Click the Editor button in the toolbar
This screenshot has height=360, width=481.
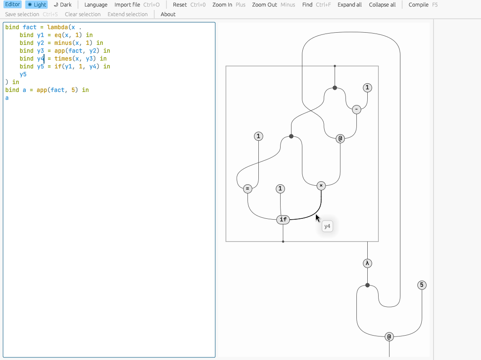(13, 5)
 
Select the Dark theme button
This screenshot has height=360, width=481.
(63, 5)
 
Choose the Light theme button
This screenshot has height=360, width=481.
(37, 5)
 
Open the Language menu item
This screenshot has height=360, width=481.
(96, 5)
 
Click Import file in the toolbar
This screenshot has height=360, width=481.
(127, 5)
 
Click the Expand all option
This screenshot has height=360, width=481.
(349, 5)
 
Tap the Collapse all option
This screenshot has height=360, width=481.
(382, 5)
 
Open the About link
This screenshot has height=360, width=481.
(168, 14)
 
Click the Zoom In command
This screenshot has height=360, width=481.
(222, 5)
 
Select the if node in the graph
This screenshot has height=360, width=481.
(283, 219)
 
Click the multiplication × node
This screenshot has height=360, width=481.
(321, 186)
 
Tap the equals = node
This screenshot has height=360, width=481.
(247, 189)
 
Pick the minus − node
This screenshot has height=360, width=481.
(356, 109)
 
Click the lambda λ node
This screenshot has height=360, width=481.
(367, 263)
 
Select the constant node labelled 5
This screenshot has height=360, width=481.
(421, 285)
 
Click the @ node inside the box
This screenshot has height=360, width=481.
(340, 139)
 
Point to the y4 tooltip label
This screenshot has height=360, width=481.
(327, 226)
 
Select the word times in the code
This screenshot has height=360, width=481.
(63, 58)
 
